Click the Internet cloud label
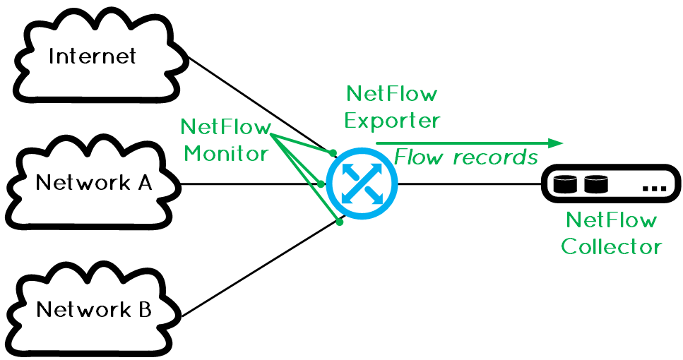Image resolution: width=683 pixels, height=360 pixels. tap(92, 56)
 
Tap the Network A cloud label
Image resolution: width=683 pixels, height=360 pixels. tap(94, 183)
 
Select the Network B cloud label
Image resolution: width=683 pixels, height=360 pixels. tap(94, 310)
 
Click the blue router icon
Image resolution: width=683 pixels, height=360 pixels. tap(362, 183)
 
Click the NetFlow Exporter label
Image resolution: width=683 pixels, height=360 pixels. tap(392, 107)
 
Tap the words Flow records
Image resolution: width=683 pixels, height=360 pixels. tap(466, 157)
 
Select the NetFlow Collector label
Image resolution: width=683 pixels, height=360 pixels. tap(611, 234)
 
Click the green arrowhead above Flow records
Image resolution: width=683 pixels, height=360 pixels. tap(556, 143)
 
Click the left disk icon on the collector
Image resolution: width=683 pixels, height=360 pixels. tap(565, 184)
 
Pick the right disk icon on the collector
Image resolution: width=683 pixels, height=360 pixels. tap(595, 184)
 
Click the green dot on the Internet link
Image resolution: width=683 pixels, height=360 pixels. tap(333, 152)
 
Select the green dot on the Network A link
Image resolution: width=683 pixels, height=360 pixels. tap(321, 184)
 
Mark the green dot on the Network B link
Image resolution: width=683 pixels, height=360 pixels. tap(340, 222)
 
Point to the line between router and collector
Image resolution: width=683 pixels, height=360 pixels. tap(466, 184)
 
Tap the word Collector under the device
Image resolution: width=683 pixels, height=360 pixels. tap(611, 247)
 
